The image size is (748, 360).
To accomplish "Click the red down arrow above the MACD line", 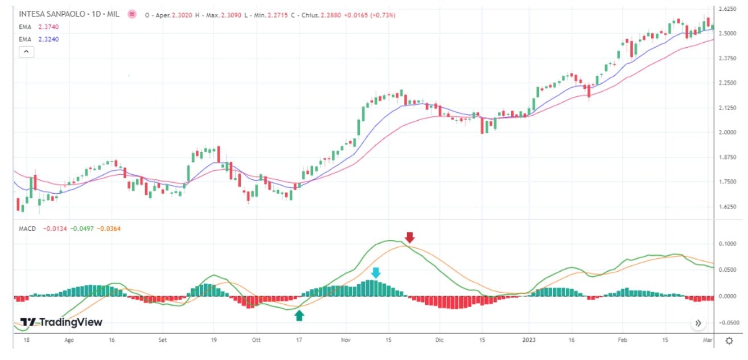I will [x=410, y=238].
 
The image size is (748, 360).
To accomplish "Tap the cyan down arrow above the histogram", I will [x=375, y=273].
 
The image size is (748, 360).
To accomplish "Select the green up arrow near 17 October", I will [x=299, y=315].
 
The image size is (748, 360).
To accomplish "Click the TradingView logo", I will [x=61, y=322].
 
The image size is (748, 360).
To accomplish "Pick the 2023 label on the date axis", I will [x=529, y=340].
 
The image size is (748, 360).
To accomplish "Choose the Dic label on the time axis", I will [x=439, y=340].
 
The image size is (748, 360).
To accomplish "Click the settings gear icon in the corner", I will [x=729, y=341].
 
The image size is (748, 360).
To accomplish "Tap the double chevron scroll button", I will [x=698, y=323].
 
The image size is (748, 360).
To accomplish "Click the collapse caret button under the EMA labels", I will [x=27, y=52].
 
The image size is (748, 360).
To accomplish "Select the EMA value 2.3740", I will [x=48, y=27].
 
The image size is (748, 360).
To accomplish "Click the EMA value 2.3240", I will [x=48, y=39].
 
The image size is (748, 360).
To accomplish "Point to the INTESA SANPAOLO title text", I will [x=52, y=13].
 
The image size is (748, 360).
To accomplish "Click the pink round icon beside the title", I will [x=132, y=14].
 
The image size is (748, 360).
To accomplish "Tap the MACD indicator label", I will [x=27, y=228].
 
